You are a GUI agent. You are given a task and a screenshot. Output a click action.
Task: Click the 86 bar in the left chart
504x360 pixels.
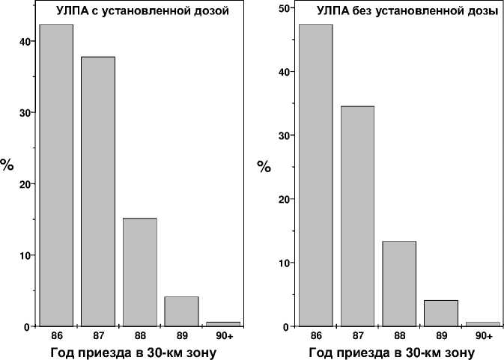(56, 175)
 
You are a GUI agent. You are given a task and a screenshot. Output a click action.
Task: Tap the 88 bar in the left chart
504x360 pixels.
(139, 272)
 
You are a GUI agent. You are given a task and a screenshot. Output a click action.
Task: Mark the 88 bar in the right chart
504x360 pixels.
(398, 284)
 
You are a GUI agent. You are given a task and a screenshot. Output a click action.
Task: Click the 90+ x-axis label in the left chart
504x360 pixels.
(222, 336)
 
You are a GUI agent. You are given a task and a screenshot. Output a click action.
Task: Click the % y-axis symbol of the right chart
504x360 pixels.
(264, 166)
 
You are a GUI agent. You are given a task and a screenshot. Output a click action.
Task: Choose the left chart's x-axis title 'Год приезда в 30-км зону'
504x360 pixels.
(133, 353)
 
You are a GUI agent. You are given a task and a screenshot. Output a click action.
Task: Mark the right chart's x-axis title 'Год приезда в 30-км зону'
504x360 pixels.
(392, 353)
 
